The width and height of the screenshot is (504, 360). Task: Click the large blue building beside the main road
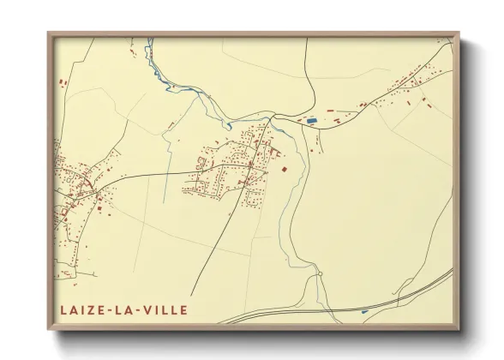pos(312,121)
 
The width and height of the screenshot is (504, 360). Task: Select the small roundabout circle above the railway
pos(318,275)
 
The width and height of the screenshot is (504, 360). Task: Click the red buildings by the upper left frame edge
pos(62,82)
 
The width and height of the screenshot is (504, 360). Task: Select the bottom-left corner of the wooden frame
pos(49,330)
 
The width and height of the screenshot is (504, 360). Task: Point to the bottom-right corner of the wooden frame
pos(459,330)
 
